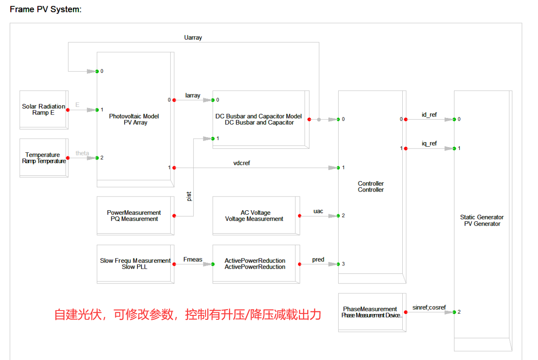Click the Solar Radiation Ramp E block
43,110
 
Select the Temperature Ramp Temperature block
43,158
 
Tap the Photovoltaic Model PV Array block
134,119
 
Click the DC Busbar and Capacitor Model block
259,119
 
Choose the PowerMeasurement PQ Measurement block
134,216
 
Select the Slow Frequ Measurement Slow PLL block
134,264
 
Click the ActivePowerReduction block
255,264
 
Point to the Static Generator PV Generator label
482,220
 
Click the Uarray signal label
193,38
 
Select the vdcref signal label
242,163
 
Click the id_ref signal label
429,115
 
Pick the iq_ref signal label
429,144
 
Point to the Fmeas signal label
193,259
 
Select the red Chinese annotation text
187,315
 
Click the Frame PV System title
46,9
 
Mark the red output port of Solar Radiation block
68,110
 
